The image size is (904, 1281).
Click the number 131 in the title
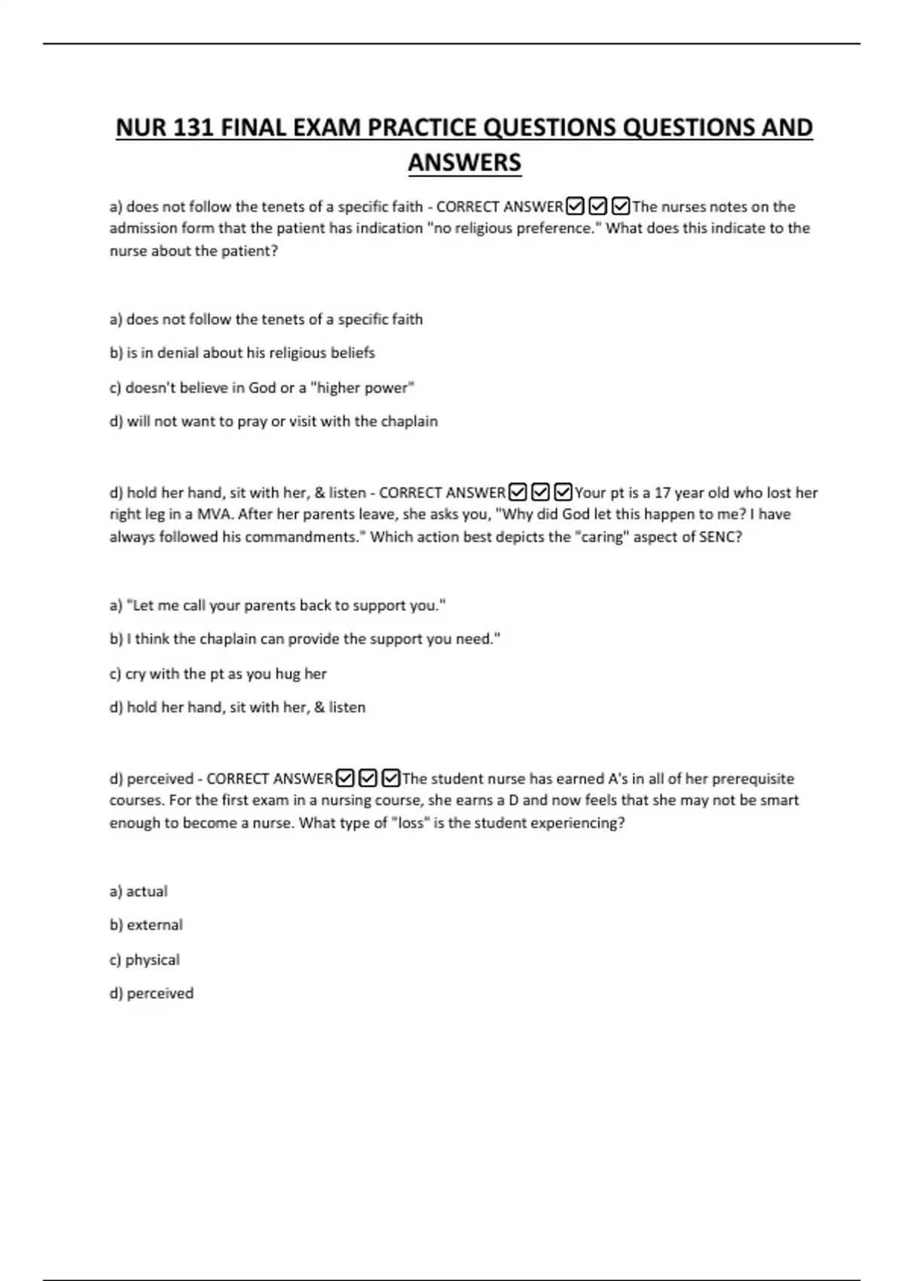[194, 127]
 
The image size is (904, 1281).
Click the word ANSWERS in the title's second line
[465, 163]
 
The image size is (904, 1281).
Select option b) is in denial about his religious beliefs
[242, 353]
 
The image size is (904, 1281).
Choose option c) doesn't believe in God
[262, 387]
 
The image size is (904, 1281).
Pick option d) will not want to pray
[273, 421]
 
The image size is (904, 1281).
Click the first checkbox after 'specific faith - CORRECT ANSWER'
[575, 206]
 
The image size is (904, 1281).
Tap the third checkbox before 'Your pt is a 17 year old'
[563, 492]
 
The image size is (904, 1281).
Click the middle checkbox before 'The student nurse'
[368, 778]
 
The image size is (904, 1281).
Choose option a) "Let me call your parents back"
[277, 605]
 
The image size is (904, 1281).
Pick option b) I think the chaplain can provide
[304, 639]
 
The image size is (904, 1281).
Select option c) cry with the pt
[218, 674]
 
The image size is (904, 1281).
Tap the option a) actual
[139, 891]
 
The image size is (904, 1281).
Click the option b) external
[146, 925]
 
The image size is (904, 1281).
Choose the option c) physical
[145, 960]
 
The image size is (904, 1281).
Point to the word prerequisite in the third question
[753, 778]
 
